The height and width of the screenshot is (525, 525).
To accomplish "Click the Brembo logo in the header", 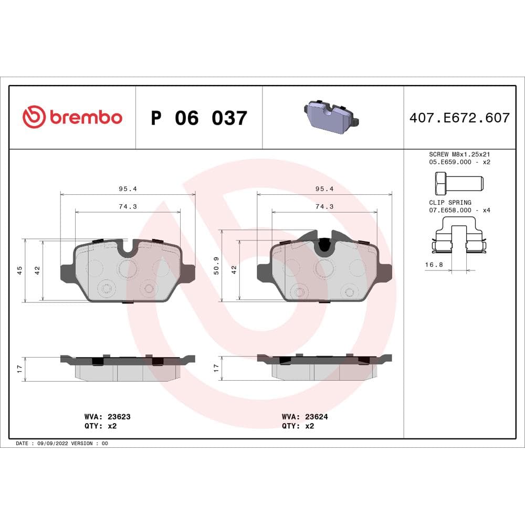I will pyautogui.click(x=72, y=117).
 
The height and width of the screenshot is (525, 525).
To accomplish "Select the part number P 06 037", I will pyautogui.click(x=198, y=118).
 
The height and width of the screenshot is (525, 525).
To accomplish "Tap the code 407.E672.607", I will pyautogui.click(x=459, y=118).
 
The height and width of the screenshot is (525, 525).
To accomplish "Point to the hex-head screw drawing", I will pyautogui.click(x=456, y=183).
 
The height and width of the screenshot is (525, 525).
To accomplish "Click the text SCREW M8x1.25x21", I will pyautogui.click(x=459, y=155).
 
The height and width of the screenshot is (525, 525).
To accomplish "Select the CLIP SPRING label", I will pyautogui.click(x=450, y=202).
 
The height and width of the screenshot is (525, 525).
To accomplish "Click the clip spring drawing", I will pyautogui.click(x=459, y=239).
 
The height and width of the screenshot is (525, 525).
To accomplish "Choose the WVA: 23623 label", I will pyautogui.click(x=103, y=416).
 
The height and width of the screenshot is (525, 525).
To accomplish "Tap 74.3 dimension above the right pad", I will pyautogui.click(x=324, y=206).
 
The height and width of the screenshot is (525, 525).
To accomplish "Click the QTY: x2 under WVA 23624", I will pyautogui.click(x=298, y=426).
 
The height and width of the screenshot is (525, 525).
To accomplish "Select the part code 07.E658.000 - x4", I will pyautogui.click(x=459, y=210).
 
